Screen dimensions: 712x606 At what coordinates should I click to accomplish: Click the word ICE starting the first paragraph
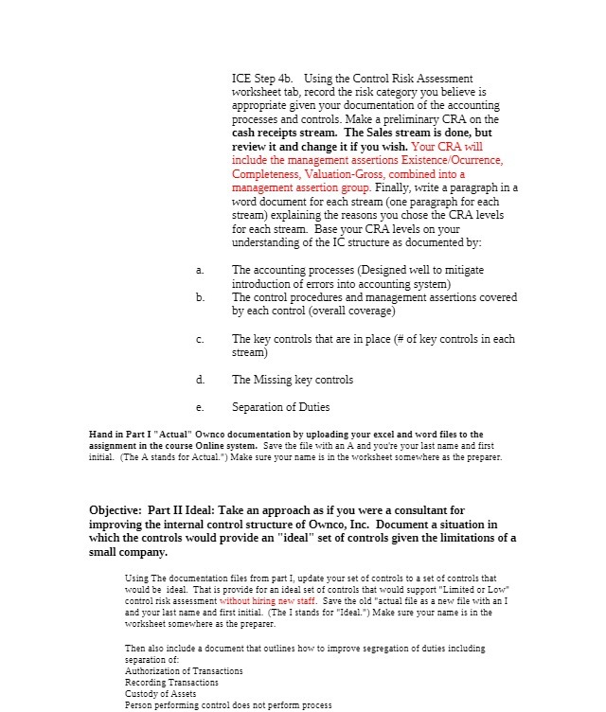pyautogui.click(x=242, y=78)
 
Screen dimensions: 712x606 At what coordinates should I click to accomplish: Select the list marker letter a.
pyautogui.click(x=200, y=271)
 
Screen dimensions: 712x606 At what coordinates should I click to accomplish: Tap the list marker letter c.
pyautogui.click(x=200, y=339)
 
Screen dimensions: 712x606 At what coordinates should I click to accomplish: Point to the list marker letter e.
pyautogui.click(x=200, y=408)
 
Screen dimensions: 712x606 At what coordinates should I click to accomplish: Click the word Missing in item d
pyautogui.click(x=284, y=380)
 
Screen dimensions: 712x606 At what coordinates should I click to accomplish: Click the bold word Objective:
pyautogui.click(x=119, y=511)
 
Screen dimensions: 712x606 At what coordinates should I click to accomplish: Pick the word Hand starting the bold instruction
pyautogui.click(x=98, y=435)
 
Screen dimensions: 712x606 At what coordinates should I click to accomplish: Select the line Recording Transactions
pyautogui.click(x=171, y=683)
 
